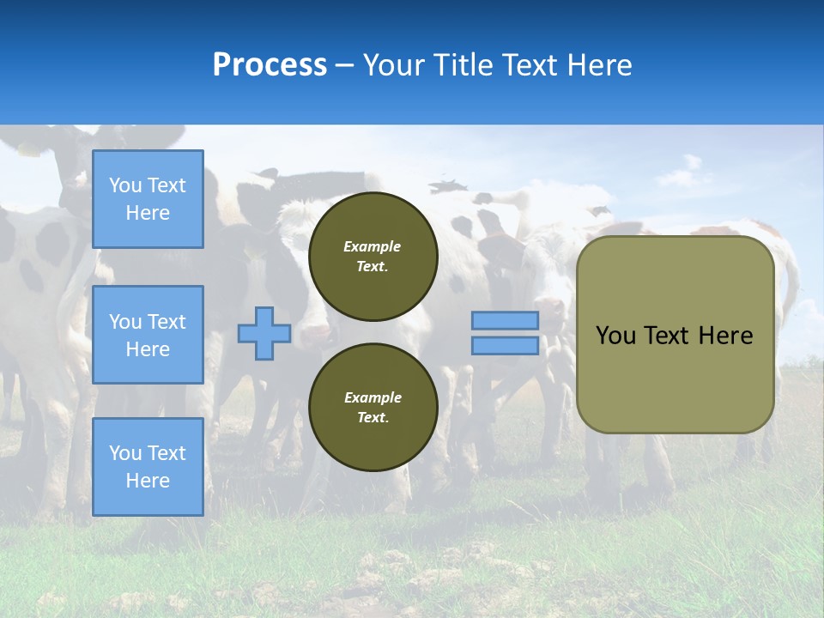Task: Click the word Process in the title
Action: (x=270, y=64)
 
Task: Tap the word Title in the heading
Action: (x=465, y=64)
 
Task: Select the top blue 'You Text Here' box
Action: (x=148, y=198)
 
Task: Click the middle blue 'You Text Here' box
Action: (x=148, y=335)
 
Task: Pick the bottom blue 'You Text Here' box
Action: (x=148, y=467)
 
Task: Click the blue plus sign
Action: (x=264, y=333)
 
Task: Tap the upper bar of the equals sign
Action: (x=505, y=320)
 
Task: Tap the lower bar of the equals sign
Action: (x=505, y=346)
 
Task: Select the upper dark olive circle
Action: (x=373, y=257)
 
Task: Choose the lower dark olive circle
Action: (x=373, y=407)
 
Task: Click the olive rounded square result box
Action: (x=676, y=335)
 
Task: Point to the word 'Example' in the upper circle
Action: (x=372, y=246)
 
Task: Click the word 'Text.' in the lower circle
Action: (x=373, y=417)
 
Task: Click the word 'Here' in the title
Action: (x=600, y=64)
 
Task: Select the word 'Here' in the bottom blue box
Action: (x=148, y=481)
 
